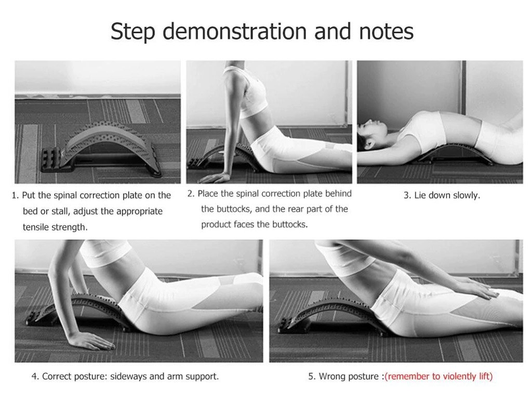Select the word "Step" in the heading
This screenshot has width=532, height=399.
[x=132, y=32]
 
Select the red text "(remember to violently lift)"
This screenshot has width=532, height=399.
[x=438, y=376]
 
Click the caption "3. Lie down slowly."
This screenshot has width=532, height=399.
[x=442, y=195]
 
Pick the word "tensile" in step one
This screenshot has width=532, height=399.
[x=36, y=227]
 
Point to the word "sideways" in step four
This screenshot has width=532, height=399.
[x=129, y=377]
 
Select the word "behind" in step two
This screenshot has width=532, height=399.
[x=338, y=193]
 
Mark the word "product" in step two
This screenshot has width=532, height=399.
[x=216, y=224]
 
